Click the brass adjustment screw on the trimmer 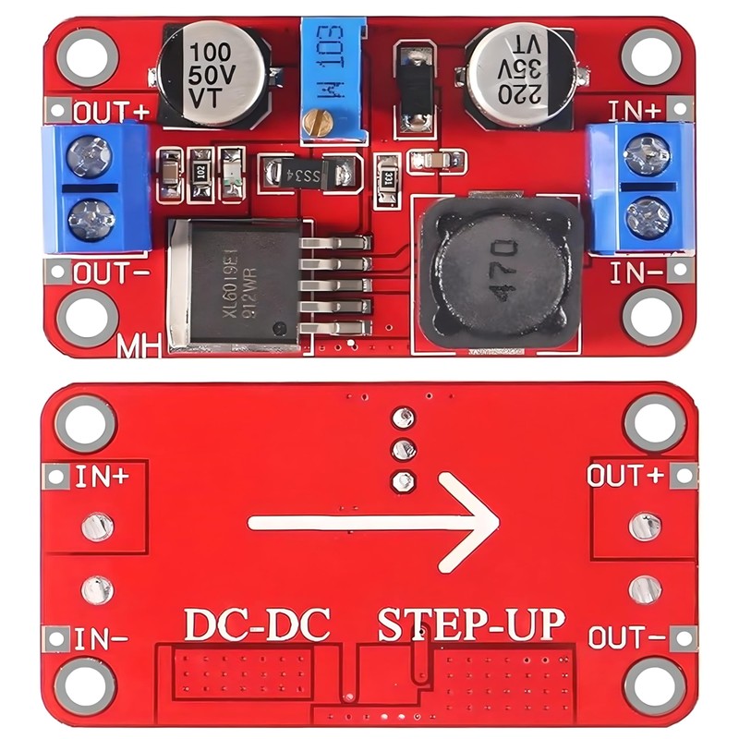(x=321, y=121)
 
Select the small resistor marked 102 (x=201, y=172)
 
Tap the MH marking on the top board (x=139, y=349)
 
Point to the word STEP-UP (x=471, y=624)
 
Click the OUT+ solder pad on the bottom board (x=645, y=526)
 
